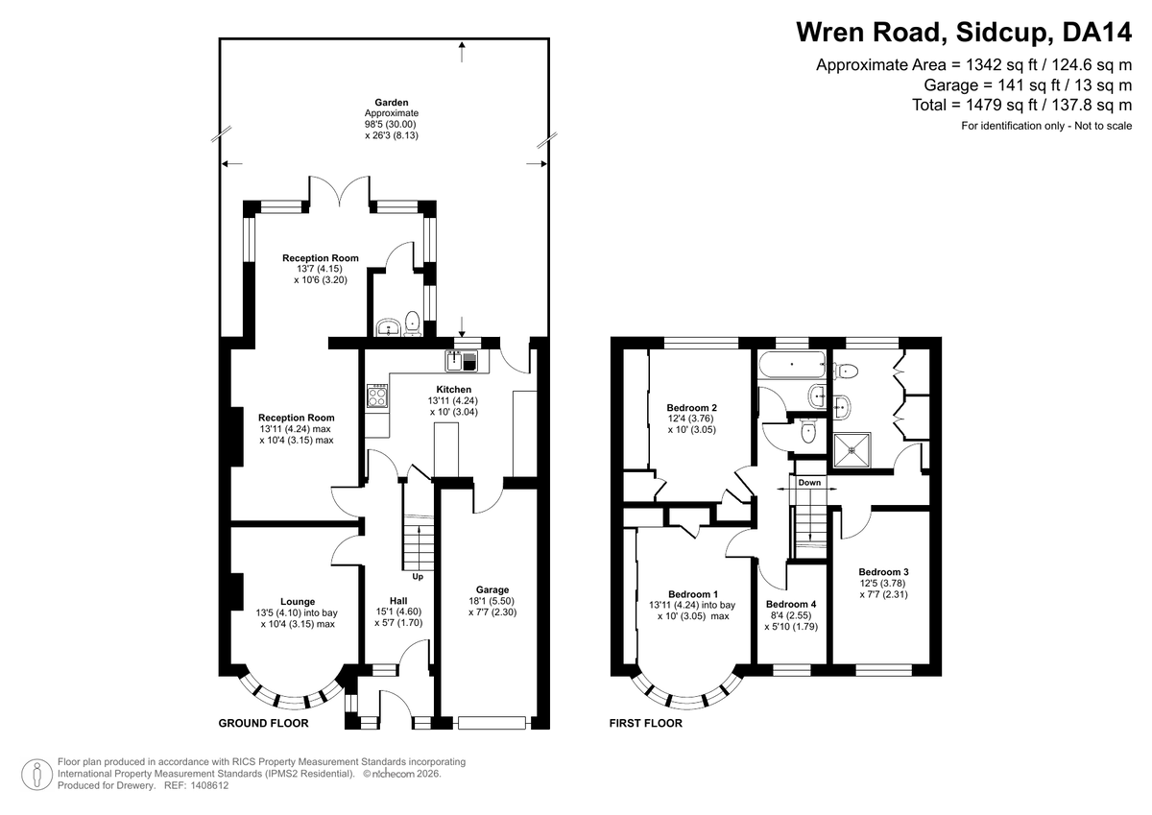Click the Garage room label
(492, 589)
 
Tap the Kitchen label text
(453, 389)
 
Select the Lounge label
(298, 602)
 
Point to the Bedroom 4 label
(791, 604)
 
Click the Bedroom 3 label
(883, 572)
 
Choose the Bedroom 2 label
(692, 408)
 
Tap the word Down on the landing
(809, 482)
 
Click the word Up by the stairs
(418, 577)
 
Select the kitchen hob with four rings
(377, 396)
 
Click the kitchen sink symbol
(462, 360)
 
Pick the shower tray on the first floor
(852, 450)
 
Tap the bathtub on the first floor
(791, 364)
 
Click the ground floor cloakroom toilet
(413, 324)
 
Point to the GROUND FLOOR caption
(263, 723)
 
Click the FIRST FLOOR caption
(646, 723)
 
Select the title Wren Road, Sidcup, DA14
(964, 32)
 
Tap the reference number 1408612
(209, 785)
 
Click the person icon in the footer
(37, 775)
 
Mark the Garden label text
(392, 103)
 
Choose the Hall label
(398, 601)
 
